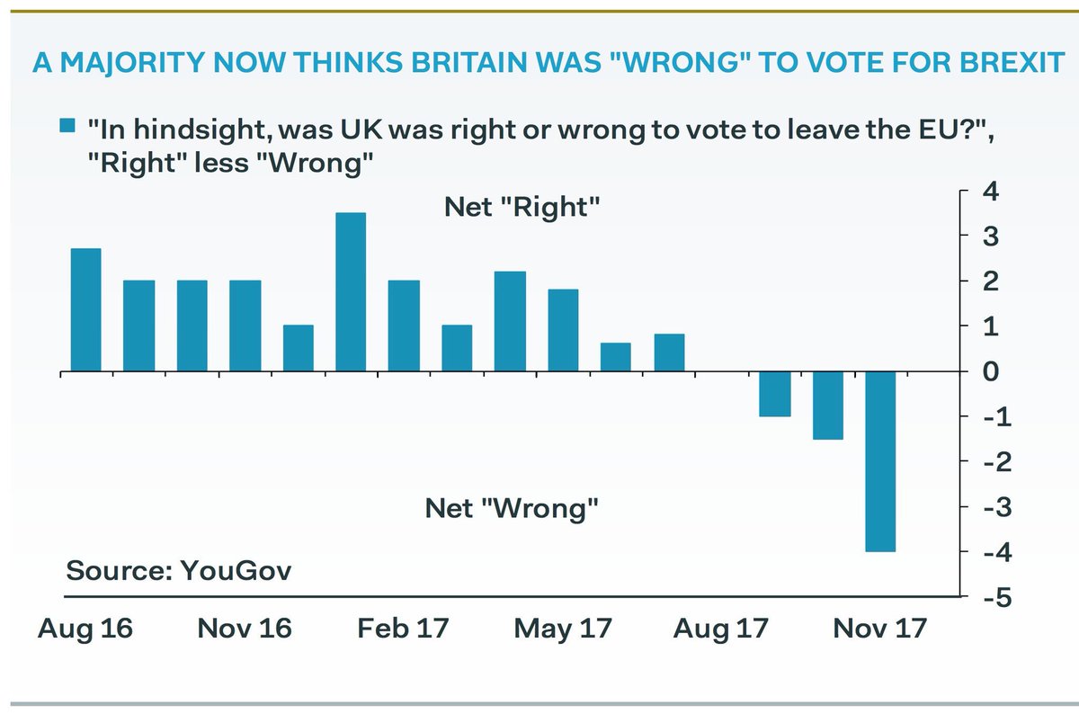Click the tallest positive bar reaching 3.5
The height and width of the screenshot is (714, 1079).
coord(351,292)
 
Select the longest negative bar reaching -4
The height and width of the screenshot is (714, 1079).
coord(880,461)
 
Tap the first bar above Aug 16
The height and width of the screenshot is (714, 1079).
coord(85,309)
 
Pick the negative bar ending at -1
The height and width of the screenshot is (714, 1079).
coord(774,394)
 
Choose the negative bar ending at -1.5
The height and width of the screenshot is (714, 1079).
coord(827,406)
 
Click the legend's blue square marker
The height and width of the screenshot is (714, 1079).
coord(67,127)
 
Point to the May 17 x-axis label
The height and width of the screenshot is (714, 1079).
coord(563,628)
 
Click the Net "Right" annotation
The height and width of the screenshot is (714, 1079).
coord(522,207)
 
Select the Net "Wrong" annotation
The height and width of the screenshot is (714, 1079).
coord(513,510)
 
